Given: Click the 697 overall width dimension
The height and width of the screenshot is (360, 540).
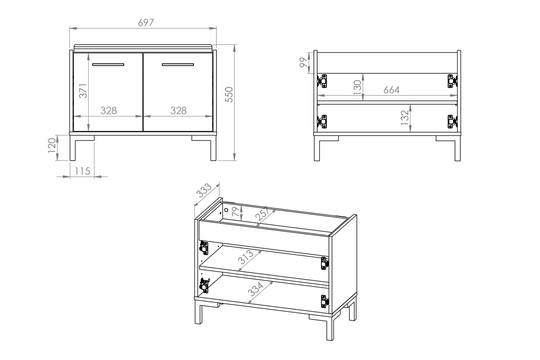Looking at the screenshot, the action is pos(146,22).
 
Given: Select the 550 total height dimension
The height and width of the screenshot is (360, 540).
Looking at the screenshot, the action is pos(229,94).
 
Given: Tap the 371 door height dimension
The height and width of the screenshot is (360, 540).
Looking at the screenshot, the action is pos(83,91).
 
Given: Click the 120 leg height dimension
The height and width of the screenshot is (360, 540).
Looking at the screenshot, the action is pos(52,145).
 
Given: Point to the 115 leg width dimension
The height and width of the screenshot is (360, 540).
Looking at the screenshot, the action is pos(82,171).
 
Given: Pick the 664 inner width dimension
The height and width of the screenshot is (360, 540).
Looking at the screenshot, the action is pos(391,90).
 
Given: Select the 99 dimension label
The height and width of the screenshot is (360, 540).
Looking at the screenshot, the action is pos(303,63).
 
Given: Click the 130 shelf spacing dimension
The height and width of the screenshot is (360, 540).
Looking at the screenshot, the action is pos(357,87).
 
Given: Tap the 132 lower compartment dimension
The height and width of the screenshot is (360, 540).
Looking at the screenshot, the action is pos(405,117).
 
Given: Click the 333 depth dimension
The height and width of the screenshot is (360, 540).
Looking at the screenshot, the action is pos(204,190).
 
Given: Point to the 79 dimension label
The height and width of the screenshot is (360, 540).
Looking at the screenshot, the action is pos(236,211).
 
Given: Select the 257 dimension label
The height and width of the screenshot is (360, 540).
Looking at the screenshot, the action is pos(263,213).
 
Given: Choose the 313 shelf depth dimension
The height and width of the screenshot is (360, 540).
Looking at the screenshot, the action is pos(246,257).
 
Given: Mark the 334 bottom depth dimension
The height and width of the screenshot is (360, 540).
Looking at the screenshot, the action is pos(256,289).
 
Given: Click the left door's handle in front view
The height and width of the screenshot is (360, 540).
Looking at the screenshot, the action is pos(108,65).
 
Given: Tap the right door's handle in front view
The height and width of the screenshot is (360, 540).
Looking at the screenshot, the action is pos(178,65).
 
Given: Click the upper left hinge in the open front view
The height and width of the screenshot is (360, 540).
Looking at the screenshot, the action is pos(322,81).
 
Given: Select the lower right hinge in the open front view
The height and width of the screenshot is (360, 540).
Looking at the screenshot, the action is pos(453,121).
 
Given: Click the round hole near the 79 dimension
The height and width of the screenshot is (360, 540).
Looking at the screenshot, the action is pos(226,210).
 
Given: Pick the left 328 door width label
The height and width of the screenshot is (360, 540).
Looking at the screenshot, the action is pos(109,111).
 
